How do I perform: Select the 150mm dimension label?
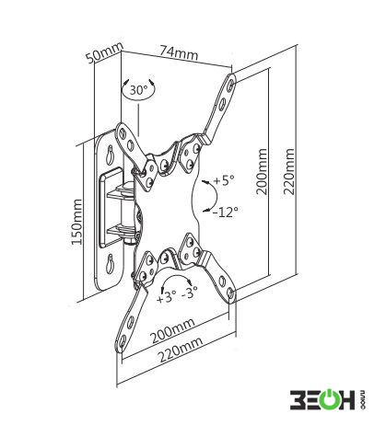(x=76, y=222)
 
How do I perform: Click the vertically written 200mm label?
(x=262, y=172)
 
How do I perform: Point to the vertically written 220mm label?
(x=289, y=172)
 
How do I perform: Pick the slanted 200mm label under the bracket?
(x=173, y=330)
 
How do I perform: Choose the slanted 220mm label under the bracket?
(x=181, y=350)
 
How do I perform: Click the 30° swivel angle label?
(x=138, y=90)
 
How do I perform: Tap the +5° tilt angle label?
(x=224, y=180)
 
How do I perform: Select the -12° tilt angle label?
(x=226, y=212)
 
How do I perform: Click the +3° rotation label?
(x=166, y=298)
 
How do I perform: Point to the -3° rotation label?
(x=189, y=293)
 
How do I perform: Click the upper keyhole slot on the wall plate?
(x=110, y=155)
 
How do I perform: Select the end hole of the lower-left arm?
(x=123, y=340)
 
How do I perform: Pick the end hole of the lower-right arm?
(x=231, y=293)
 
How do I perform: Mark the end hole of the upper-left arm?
(x=123, y=132)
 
